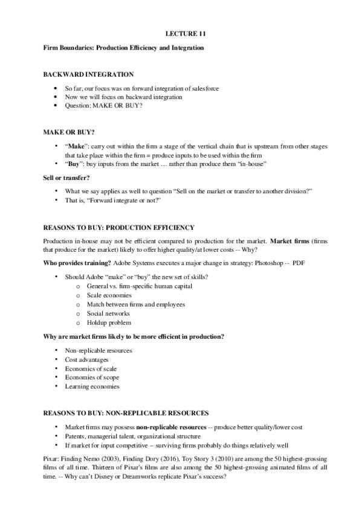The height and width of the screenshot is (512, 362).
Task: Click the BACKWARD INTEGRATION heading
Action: (x=88, y=74)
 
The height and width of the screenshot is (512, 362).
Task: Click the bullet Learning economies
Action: (x=92, y=386)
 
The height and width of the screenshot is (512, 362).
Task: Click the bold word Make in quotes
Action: (x=77, y=147)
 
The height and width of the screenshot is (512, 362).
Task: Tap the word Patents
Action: (x=76, y=436)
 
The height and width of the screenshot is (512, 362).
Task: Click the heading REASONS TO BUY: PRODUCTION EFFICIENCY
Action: (x=118, y=228)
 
